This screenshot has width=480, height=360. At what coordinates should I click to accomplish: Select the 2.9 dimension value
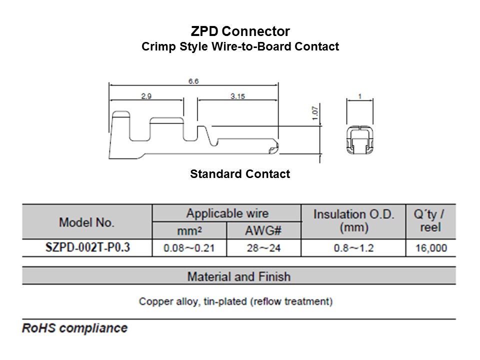point(146,96)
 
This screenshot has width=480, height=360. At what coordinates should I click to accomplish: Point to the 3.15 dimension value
point(237,96)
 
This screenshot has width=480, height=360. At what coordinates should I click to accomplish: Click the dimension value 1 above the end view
point(360,95)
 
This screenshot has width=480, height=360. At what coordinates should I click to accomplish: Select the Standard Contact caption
point(240,174)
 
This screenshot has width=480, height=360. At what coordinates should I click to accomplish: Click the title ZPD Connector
point(240,31)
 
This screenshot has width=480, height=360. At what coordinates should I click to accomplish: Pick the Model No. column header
point(86,222)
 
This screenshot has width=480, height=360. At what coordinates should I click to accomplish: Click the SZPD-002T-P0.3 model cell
point(87,247)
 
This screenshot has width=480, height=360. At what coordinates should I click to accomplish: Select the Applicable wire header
point(227,213)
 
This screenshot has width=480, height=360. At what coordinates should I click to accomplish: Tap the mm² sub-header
point(189,231)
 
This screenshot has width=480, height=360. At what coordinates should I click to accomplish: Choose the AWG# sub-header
point(264,231)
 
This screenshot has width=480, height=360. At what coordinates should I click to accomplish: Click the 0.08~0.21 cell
point(189,248)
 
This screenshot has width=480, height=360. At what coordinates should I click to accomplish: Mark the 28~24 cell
point(264,248)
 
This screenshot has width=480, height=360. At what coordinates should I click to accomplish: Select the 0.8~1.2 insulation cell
point(353,248)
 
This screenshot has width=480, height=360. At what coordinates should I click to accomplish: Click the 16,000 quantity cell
point(431,248)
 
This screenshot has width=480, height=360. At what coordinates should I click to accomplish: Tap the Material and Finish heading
point(238,276)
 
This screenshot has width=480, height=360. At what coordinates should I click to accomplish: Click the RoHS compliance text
point(74,328)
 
